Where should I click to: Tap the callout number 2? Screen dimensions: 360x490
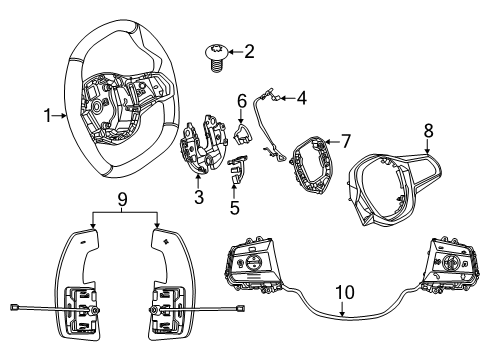(x=249, y=50)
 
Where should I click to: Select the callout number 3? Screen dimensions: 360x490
(x=199, y=198)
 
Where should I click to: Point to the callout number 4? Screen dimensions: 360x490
(x=301, y=98)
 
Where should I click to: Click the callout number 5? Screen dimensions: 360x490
(x=234, y=208)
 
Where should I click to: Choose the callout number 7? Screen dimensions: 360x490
(x=346, y=141)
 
